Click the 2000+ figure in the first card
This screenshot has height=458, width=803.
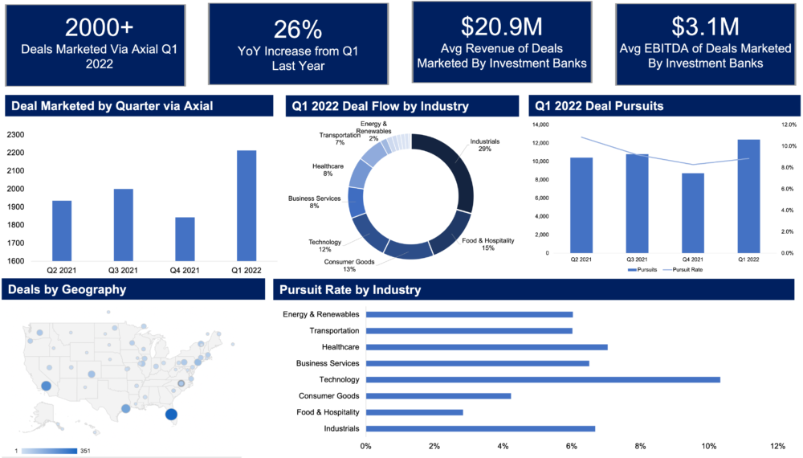(x=100, y=27)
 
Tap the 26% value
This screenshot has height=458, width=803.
(x=297, y=30)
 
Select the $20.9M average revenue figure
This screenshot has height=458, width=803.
(x=502, y=27)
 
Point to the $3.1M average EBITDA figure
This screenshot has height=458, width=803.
(x=705, y=27)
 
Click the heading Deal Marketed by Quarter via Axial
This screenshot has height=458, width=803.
(x=112, y=106)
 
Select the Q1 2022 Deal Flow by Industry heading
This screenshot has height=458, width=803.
(x=380, y=106)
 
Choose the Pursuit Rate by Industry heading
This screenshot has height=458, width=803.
(x=350, y=289)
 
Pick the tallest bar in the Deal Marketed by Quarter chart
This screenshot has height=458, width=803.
(x=247, y=205)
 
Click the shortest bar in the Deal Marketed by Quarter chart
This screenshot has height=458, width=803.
(x=185, y=239)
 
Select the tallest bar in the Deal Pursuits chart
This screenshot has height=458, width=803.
(x=748, y=196)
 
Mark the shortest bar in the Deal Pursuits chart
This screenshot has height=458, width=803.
(x=692, y=213)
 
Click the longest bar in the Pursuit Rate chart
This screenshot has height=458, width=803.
(x=543, y=379)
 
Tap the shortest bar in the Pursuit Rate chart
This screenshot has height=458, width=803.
(x=415, y=412)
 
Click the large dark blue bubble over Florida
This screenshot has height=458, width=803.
(x=170, y=415)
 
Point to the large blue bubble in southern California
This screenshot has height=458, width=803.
(x=46, y=386)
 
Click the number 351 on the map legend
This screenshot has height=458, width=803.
(x=85, y=451)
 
